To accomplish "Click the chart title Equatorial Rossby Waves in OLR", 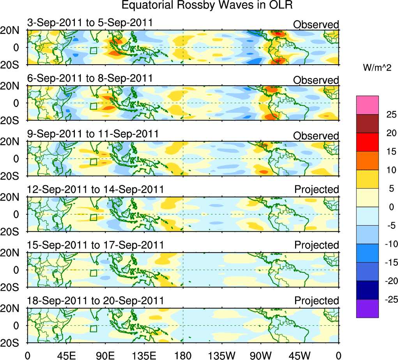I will point(207,5).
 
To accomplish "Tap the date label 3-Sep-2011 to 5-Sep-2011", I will point(90,23).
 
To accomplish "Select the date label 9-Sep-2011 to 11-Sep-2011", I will point(93,134).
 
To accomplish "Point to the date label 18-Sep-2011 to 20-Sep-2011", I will point(96,300).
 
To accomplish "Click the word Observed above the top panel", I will point(316,25).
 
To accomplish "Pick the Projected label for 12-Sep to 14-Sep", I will point(317,189).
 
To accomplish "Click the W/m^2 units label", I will point(378,68).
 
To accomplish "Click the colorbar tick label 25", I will point(391,115).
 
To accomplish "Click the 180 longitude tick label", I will point(183,355).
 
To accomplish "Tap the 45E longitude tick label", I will point(66,355).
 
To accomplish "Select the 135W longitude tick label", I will point(221,355).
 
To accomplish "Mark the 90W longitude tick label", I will point(260,355).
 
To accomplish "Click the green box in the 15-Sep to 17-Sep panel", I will point(93,273).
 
